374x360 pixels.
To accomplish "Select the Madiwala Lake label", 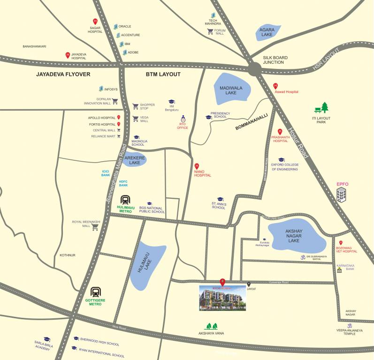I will [230, 90].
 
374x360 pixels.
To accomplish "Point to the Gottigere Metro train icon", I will [96, 292].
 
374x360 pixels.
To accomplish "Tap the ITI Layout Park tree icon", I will [322, 108].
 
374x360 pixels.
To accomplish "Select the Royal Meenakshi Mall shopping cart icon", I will [95, 227].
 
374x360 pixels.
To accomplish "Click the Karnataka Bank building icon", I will [339, 270].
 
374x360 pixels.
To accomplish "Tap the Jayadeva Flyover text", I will [63, 75].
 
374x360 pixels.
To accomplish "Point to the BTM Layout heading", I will [163, 75].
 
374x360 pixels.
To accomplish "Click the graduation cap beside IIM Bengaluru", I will [172, 101].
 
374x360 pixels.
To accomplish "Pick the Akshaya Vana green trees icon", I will [212, 326].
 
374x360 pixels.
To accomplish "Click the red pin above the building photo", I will [223, 281].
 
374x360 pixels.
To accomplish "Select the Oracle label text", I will [125, 26].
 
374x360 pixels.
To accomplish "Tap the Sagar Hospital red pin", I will [95, 21].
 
